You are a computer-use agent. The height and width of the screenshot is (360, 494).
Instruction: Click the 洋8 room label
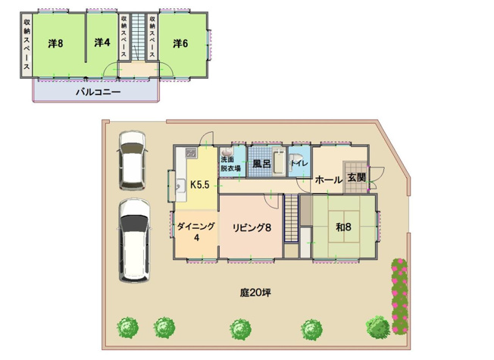click(x=55, y=43)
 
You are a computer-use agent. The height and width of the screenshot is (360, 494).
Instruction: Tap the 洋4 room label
click(x=102, y=43)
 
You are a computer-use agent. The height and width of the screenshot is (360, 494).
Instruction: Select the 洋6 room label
click(x=180, y=43)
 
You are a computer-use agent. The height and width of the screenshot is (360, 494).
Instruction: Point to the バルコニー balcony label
click(x=98, y=92)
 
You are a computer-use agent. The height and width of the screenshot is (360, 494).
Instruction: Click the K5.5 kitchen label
click(x=201, y=183)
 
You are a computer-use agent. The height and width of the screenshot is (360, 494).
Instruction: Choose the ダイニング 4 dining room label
click(x=196, y=232)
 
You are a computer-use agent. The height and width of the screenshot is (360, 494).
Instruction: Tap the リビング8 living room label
click(x=252, y=227)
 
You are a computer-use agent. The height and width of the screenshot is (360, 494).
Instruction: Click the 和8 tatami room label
click(x=343, y=226)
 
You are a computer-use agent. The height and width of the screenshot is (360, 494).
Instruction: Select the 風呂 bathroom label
click(x=262, y=163)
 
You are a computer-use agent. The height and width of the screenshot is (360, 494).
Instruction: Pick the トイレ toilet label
click(x=299, y=163)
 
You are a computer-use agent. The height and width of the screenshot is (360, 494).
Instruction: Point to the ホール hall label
click(x=327, y=180)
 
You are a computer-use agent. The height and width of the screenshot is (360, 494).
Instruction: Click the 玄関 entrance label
click(x=356, y=179)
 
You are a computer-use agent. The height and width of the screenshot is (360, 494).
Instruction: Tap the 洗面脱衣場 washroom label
click(x=230, y=165)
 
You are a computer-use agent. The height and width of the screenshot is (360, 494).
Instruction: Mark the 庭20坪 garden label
click(x=255, y=292)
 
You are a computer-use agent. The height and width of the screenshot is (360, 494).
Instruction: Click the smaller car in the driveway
click(x=132, y=161)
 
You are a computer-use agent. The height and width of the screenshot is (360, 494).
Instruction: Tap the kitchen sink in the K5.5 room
click(x=180, y=186)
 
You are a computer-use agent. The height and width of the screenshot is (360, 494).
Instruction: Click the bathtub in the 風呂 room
click(x=280, y=161)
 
